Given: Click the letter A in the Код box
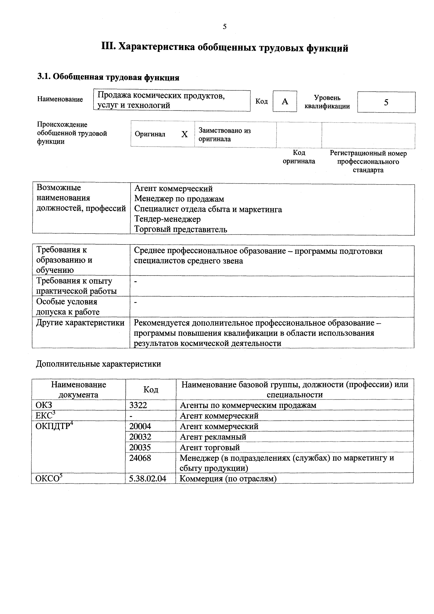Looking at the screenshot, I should click(285, 101).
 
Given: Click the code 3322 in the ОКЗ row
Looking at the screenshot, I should click(138, 405).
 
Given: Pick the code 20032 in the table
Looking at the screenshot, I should click(140, 437).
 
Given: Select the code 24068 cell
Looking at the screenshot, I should click(140, 458).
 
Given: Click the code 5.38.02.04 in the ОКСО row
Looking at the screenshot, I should click(147, 479).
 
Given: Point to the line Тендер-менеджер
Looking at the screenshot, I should click(167, 219).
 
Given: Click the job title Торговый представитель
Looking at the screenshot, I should click(181, 229).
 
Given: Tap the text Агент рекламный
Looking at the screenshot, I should click(213, 437).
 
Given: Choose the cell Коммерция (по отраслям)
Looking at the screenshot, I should click(228, 479).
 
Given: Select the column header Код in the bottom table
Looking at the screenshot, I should click(151, 390).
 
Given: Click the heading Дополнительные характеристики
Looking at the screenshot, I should click(98, 364).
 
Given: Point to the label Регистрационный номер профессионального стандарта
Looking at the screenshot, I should click(368, 162).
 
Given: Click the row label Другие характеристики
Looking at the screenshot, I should click(80, 323).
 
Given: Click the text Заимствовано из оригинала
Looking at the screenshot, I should click(224, 135).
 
